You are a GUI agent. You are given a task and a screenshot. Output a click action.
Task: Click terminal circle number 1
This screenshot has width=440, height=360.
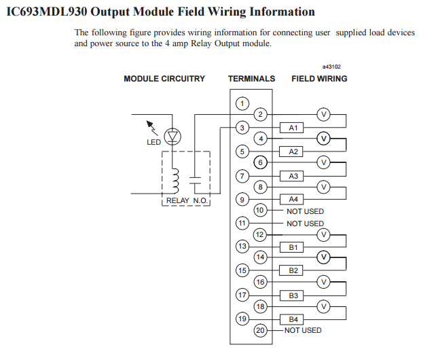(242, 103)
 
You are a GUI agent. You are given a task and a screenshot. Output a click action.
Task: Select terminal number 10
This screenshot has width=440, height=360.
(259, 211)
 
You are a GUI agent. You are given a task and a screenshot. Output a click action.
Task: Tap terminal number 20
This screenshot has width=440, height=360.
(259, 331)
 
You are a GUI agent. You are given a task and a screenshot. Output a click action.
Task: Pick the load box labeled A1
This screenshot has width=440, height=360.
(293, 128)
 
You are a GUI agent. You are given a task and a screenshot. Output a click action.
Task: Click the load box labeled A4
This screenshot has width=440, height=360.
(293, 200)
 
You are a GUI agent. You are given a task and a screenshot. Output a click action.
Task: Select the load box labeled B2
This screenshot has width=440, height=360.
(293, 271)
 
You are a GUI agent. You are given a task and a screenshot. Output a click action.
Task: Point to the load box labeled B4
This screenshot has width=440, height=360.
(293, 319)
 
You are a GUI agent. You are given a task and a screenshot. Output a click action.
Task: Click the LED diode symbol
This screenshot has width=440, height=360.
(174, 137)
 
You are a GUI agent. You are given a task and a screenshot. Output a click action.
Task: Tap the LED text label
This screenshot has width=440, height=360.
(153, 143)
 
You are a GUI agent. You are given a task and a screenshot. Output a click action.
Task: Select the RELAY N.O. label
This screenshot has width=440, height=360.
(187, 201)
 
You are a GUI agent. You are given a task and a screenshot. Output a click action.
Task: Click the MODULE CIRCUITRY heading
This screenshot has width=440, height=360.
(164, 79)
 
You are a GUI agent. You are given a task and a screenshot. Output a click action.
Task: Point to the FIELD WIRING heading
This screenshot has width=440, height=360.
(319, 79)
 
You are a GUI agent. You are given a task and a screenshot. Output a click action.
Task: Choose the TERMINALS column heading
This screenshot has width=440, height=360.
(251, 79)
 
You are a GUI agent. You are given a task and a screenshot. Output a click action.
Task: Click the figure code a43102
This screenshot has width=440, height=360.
(331, 67)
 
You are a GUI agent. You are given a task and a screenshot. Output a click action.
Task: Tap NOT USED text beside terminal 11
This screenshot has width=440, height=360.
(305, 223)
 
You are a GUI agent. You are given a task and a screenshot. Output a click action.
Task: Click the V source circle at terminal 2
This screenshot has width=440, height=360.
(324, 115)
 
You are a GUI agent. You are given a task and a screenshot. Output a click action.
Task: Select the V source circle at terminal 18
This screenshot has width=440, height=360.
(324, 307)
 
